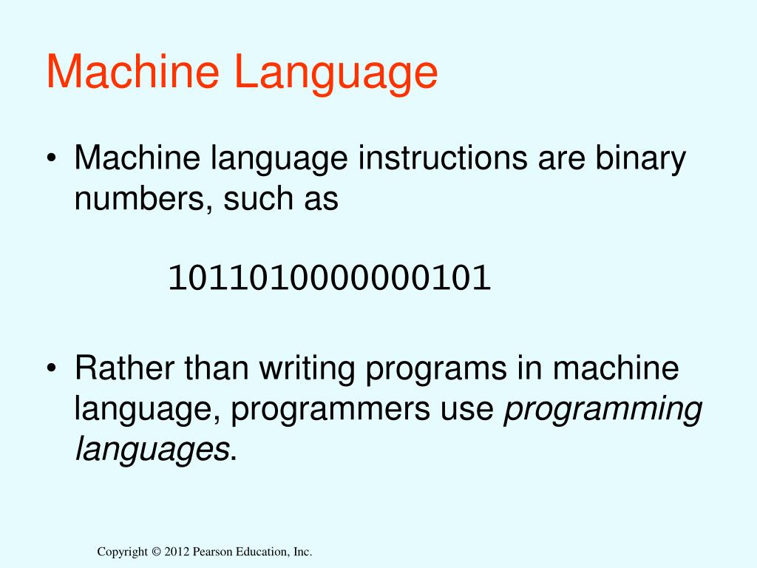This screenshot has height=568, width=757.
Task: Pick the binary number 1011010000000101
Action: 330,279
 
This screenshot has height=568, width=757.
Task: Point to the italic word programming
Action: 602,409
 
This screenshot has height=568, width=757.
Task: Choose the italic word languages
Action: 152,449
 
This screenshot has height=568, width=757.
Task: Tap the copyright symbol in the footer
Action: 155,552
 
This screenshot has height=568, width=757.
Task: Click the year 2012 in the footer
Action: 178,552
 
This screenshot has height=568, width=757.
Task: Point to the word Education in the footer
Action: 259,552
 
